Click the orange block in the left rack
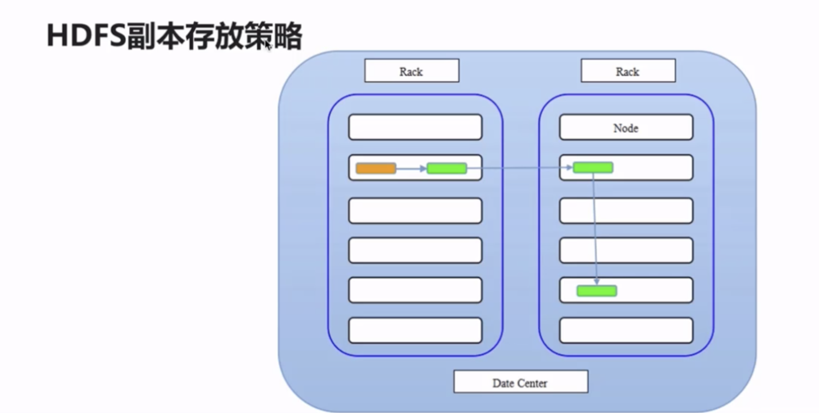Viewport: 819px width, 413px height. pos(376,168)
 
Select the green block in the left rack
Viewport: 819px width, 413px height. pos(446,168)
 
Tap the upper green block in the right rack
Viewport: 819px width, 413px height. pos(592,167)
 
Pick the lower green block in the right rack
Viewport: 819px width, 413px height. pos(596,290)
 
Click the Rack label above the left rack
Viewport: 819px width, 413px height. pos(411,71)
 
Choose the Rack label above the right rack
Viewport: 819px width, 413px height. pos(627,71)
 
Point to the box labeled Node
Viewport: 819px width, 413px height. pos(626,128)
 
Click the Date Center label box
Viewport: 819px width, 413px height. pos(520,382)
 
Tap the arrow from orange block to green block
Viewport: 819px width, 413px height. pos(411,168)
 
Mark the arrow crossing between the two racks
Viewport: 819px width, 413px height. pos(519,168)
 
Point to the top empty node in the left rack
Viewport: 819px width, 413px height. pos(415,128)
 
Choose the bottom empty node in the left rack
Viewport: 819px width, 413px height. pos(415,329)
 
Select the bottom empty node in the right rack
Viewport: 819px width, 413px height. pos(626,329)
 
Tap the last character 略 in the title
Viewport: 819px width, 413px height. pos(288,36)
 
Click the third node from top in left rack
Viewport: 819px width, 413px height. pos(415,210)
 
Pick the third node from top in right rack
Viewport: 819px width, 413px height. pos(626,210)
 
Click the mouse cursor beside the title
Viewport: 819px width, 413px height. pos(268,47)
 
